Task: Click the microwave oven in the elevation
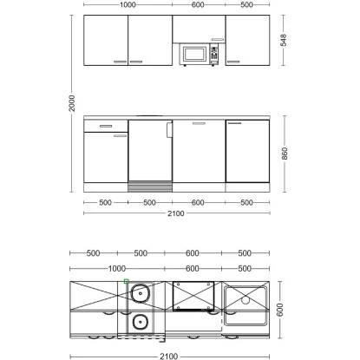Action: pos(199,55)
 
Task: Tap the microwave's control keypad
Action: pos(214,53)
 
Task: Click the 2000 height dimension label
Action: pos(72,103)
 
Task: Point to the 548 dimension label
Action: pos(284,40)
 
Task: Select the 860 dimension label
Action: pos(285,154)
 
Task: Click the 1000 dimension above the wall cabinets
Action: pos(128,4)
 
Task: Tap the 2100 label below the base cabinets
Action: pos(176,213)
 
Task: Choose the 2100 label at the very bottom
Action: pos(169,357)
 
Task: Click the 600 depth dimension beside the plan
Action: pos(280,310)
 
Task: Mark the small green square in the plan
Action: pos(126,281)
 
